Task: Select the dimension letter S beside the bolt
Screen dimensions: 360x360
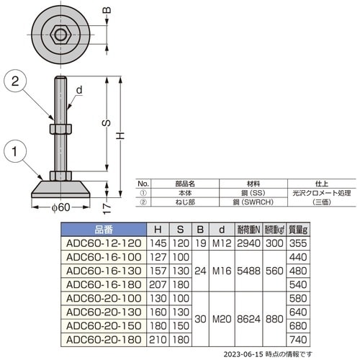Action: pos(105,124)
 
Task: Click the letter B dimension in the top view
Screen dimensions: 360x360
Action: pos(107,10)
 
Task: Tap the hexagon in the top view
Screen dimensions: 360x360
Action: pos(60,32)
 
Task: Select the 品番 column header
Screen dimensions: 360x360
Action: pos(104,230)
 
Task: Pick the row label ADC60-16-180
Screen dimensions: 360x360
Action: pos(102,284)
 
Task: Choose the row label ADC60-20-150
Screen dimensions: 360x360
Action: pos(102,326)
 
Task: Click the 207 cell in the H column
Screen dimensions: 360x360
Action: pos(157,284)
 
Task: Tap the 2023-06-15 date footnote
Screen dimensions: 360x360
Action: pos(269,354)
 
